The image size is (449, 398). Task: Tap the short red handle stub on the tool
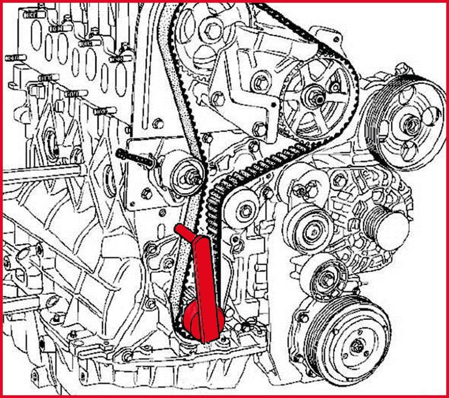(183, 232)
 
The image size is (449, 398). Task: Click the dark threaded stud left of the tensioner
(135, 157)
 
